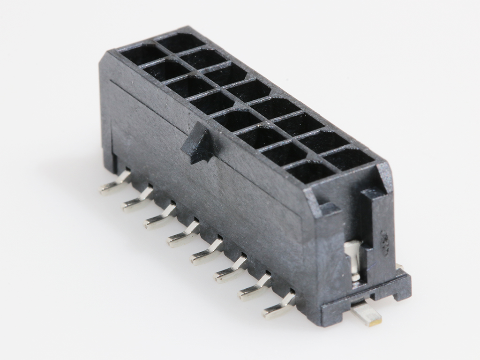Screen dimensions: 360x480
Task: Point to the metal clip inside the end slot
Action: pos(353,260)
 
